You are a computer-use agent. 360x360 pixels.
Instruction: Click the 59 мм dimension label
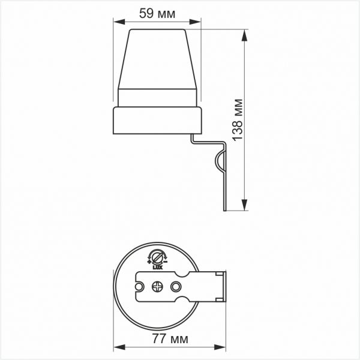coord(157,14)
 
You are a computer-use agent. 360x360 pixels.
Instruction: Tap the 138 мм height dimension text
coord(237,120)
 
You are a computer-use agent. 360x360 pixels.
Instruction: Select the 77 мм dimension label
coord(170,338)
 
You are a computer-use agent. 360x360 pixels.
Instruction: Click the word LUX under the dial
coord(157,268)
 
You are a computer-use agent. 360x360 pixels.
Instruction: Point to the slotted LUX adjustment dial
coord(157,257)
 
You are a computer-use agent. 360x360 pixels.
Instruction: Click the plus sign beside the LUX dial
coord(149,262)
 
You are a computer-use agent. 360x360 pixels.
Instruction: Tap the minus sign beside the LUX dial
coord(166,262)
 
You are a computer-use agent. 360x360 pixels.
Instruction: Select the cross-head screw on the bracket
coord(157,287)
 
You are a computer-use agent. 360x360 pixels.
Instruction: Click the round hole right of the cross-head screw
coord(176,287)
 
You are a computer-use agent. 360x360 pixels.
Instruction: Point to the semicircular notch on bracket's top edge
coord(182,274)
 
